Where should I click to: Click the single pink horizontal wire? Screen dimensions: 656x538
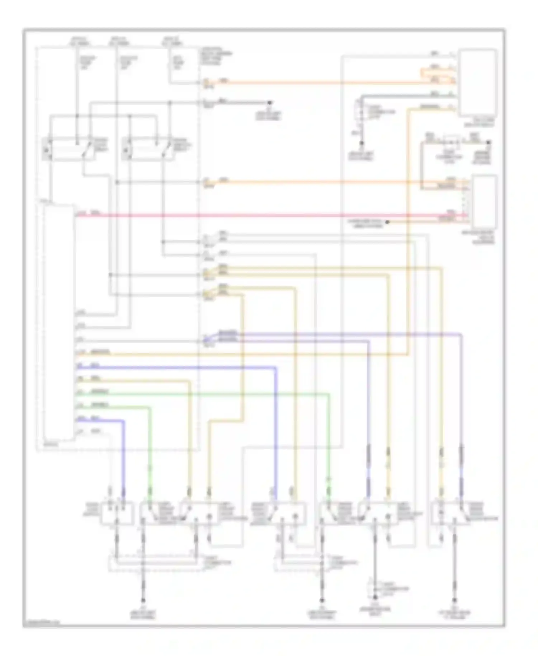click(251, 215)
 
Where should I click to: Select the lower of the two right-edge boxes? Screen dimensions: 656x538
click(485, 201)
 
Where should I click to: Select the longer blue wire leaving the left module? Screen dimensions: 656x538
click(179, 367)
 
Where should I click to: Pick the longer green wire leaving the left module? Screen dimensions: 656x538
click(215, 394)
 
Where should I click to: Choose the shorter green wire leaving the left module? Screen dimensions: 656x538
click(118, 407)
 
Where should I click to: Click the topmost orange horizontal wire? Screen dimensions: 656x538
click(323, 83)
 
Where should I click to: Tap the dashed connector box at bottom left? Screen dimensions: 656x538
click(154, 563)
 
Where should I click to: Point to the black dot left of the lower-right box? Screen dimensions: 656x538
click(387, 222)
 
